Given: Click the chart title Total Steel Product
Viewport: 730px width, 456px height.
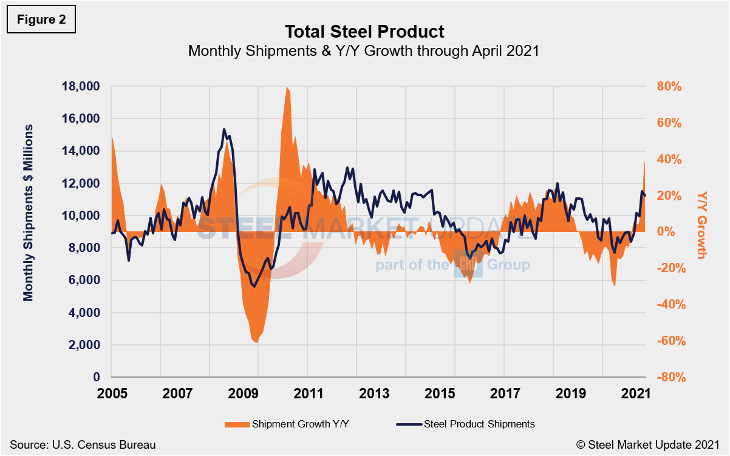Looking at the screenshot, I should point(364,31).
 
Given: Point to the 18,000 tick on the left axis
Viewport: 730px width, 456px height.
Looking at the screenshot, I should point(81,86).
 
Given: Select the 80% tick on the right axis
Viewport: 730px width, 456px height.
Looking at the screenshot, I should point(670,86).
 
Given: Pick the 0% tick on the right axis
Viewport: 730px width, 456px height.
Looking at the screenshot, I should point(666,232).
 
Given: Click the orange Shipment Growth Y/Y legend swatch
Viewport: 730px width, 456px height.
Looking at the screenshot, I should point(236,424).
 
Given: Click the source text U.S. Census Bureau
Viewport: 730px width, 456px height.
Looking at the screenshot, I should point(83,445).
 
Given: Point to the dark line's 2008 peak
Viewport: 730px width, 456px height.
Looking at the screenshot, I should point(223,129).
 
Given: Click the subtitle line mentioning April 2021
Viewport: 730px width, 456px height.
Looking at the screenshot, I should point(364,51).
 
